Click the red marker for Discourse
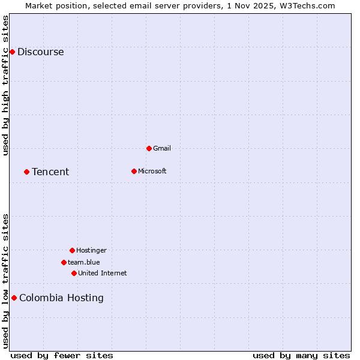tap(12, 52)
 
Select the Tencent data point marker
tap(26, 172)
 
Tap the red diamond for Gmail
tap(149, 148)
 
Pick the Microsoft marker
tap(134, 171)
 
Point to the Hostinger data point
tap(72, 250)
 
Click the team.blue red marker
tap(64, 262)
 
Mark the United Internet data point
tap(74, 273)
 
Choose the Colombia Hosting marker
tap(14, 298)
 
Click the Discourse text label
tap(40, 52)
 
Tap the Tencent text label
tap(50, 172)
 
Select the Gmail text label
tap(162, 148)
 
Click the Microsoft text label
tap(152, 171)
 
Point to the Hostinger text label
tap(91, 250)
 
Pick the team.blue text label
tap(84, 262)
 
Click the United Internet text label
tap(103, 273)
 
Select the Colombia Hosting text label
tap(61, 298)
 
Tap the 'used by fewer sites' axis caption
tap(62, 355)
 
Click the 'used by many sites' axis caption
tap(301, 355)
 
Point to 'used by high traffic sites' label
tap(6, 85)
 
